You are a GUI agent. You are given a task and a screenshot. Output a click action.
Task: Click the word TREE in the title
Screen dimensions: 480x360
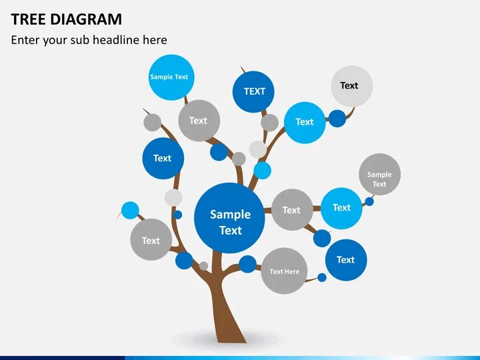[27, 19]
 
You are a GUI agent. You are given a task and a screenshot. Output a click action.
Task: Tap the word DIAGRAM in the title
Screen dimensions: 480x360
[85, 19]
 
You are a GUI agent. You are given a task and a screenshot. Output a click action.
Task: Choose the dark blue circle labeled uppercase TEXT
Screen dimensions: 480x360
[254, 91]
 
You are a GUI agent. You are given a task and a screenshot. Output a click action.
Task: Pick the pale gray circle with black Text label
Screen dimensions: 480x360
[351, 86]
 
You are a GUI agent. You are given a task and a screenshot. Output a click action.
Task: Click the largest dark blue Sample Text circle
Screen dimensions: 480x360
[229, 218]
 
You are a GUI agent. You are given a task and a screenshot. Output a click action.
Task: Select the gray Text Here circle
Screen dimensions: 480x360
[284, 271]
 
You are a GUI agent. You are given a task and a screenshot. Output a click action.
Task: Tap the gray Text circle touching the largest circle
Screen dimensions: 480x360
[292, 210]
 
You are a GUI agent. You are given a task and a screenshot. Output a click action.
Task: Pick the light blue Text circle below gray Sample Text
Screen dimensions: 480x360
[341, 208]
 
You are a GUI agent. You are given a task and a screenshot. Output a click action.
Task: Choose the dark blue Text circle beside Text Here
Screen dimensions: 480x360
[346, 260]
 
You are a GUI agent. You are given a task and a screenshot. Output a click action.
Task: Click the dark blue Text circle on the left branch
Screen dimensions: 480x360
[163, 159]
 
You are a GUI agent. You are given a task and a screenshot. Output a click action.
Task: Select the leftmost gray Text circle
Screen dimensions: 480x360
[151, 240]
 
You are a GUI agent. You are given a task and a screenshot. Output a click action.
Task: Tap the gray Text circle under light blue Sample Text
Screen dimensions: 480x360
[199, 121]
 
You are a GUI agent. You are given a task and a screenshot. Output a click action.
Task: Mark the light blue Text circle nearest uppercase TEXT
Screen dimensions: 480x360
[305, 122]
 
